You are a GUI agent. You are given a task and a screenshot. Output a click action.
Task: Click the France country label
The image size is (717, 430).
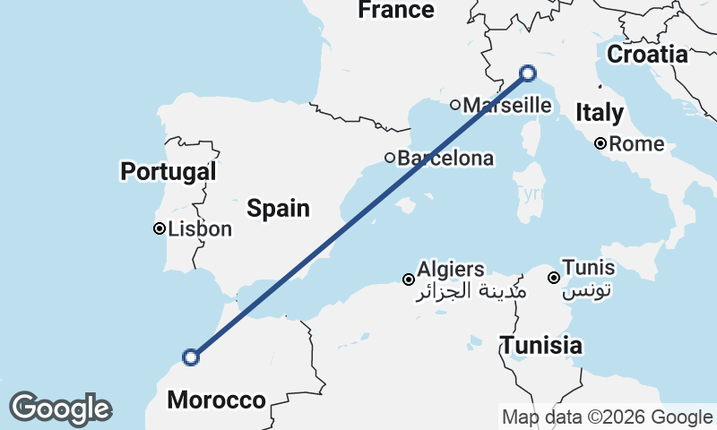395,10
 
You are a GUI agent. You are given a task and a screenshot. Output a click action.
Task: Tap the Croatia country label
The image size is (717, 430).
647,54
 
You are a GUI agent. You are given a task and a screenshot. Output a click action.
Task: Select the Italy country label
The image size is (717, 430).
599,113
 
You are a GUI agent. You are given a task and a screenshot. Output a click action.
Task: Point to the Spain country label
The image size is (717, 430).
278,209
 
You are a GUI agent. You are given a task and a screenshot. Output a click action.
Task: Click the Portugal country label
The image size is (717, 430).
168,170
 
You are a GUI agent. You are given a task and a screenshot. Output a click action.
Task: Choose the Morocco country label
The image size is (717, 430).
216,400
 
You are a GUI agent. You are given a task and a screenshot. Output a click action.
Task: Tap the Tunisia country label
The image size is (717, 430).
541,345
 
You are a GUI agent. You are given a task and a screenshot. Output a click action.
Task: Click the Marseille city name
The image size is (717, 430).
507,105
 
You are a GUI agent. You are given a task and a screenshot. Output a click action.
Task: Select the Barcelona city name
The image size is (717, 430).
445,159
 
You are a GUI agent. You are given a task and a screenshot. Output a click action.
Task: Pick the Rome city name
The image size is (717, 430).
637,144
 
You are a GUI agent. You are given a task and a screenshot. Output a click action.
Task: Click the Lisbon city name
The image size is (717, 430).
199,229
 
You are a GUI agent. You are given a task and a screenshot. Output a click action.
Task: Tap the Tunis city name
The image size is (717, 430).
588,267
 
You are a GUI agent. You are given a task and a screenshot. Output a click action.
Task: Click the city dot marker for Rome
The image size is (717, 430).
601,143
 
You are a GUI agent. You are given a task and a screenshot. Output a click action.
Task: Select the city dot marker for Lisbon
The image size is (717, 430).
159,228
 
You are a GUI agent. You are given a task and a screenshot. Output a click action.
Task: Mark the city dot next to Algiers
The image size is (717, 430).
408,279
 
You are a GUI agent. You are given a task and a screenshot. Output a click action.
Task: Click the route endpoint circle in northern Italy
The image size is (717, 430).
528,73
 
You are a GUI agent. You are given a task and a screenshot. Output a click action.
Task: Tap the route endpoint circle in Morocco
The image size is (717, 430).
190,357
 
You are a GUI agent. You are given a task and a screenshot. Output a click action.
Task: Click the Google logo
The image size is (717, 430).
60,408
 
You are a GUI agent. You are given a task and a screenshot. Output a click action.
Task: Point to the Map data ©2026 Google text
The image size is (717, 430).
607,417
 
